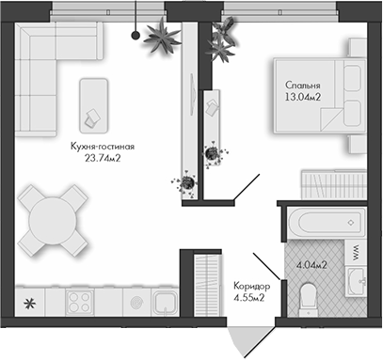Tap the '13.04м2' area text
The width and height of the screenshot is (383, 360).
click(305, 96)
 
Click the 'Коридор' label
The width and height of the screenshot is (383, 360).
click(251, 286)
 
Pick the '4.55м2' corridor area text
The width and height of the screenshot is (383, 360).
click(249, 298)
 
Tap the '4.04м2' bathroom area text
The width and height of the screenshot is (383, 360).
click(311, 266)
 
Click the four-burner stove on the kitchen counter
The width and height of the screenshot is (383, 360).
click(78, 303)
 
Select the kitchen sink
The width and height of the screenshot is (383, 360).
click(166, 303)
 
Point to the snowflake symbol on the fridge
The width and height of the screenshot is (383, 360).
click(29, 303)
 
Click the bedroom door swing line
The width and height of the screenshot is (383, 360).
click(249, 187)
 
